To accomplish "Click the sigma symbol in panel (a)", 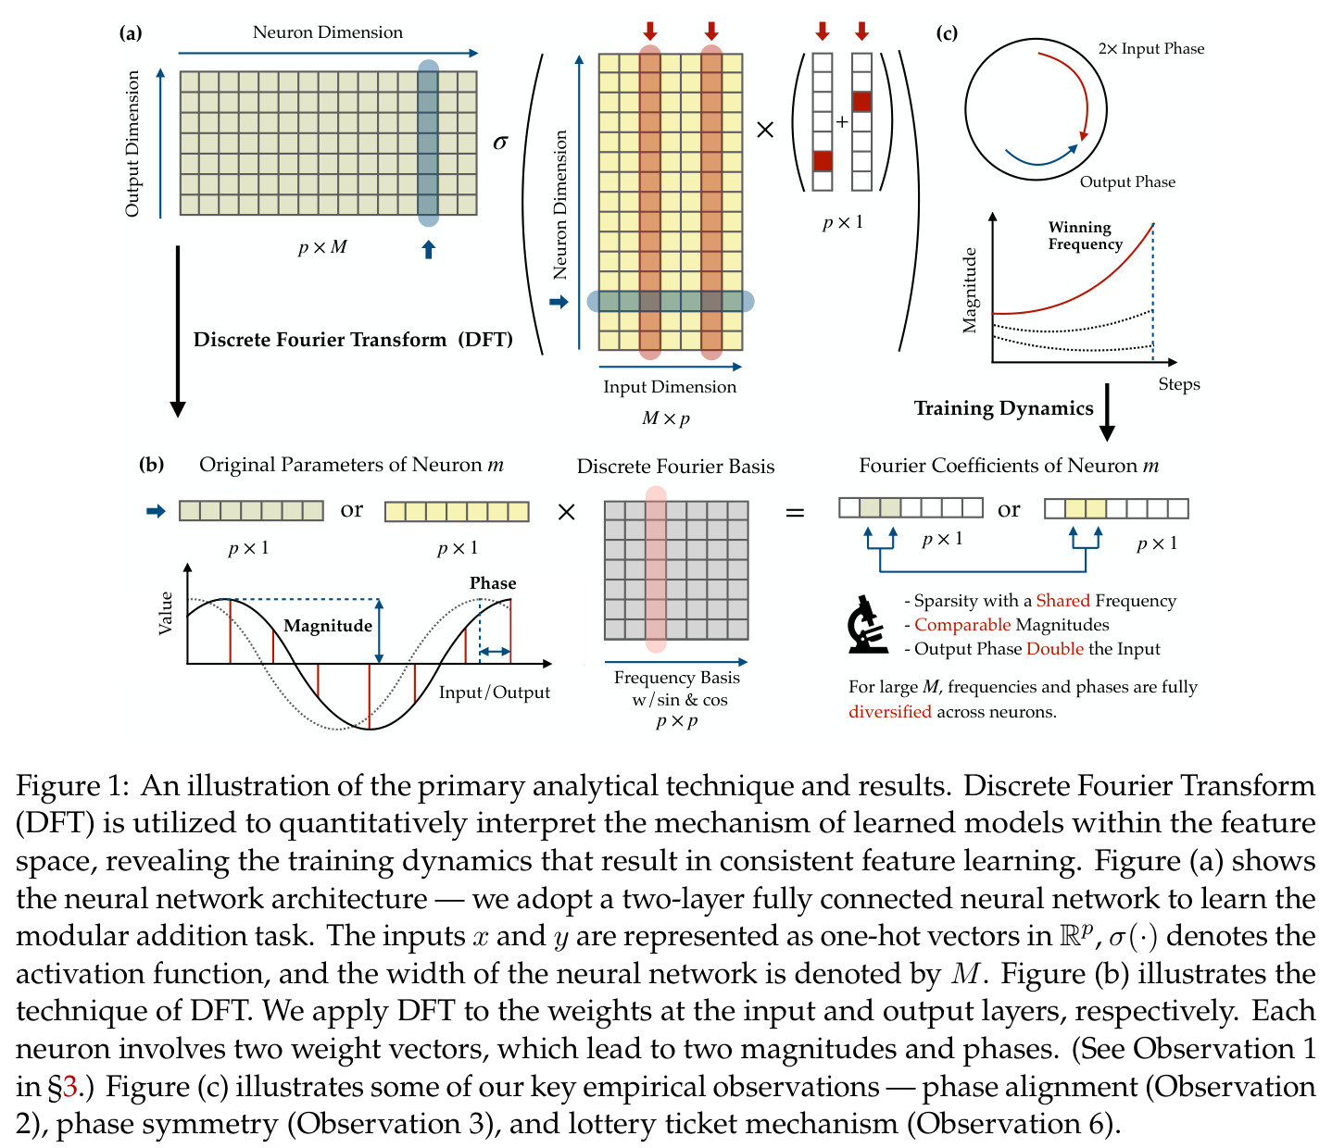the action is click(500, 142).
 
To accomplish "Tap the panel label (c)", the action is click(947, 32).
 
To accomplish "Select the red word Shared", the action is click(1062, 601).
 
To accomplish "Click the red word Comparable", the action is click(962, 625).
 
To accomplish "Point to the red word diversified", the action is click(890, 711).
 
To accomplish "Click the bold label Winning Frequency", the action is click(1086, 236).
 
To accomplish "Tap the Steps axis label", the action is click(1178, 384).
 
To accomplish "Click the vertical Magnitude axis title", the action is click(969, 291).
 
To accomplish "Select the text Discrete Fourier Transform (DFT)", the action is click(353, 340).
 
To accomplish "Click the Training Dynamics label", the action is click(1003, 408).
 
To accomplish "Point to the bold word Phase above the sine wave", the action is click(493, 583).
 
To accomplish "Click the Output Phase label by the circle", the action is click(1127, 182).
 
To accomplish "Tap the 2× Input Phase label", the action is click(1151, 49).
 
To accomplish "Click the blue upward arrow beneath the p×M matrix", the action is click(429, 249).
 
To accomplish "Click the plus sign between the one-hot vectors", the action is click(842, 122).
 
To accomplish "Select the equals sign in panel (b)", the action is click(795, 513).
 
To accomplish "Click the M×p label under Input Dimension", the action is click(666, 418).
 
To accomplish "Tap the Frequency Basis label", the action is click(676, 678).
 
